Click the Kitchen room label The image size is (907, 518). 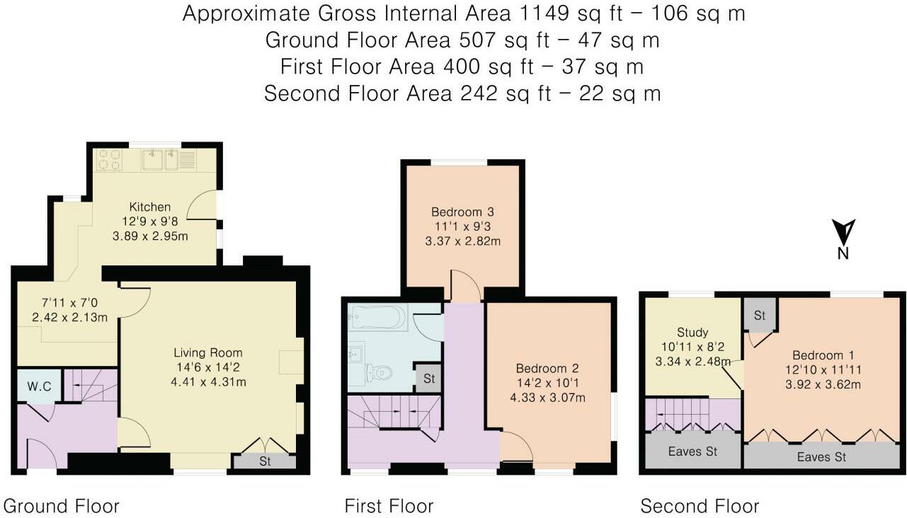(150, 207)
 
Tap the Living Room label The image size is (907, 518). (208, 353)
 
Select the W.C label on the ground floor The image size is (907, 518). (39, 386)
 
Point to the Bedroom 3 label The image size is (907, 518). (463, 212)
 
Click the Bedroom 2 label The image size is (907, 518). (547, 369)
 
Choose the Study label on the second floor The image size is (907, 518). (692, 333)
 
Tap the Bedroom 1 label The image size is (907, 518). (823, 355)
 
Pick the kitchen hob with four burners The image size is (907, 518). (110, 160)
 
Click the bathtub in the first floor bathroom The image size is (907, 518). (379, 317)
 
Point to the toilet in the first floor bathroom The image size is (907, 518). (379, 372)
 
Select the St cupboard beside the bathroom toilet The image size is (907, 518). (429, 379)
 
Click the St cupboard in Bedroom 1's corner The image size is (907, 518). (760, 315)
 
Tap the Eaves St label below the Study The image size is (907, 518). (692, 451)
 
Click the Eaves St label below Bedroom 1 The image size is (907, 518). (821, 457)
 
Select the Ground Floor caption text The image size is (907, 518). (61, 506)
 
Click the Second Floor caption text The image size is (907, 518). (700, 506)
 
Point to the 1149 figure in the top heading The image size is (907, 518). (543, 13)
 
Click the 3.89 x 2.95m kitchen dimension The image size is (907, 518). (150, 236)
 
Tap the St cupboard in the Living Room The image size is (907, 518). (265, 461)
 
